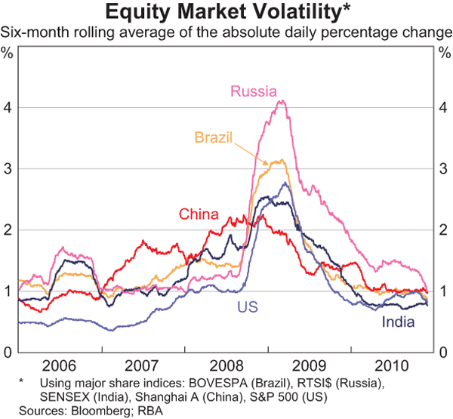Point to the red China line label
(x=199, y=214)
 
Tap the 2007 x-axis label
(x=141, y=365)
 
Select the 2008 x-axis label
(x=224, y=365)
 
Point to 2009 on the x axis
(x=307, y=365)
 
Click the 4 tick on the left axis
(x=8, y=107)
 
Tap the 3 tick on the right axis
(x=445, y=168)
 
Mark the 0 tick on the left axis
(x=8, y=353)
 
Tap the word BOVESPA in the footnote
(x=202, y=384)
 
